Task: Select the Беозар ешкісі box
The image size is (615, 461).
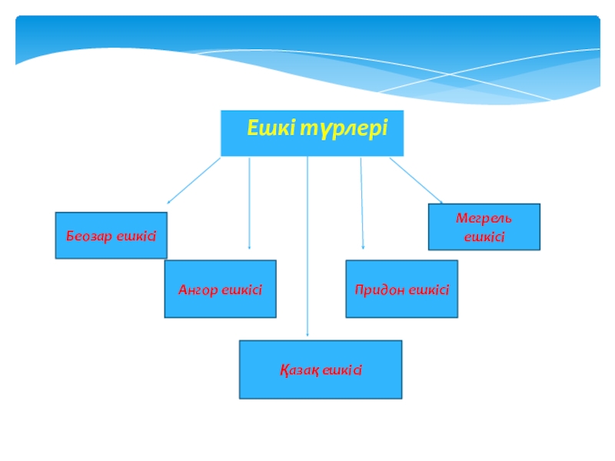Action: (111, 235)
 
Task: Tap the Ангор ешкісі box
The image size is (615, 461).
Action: (220, 289)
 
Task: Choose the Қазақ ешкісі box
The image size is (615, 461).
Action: (320, 370)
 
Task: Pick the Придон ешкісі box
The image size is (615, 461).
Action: (401, 289)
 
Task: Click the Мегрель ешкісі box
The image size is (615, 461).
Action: (484, 227)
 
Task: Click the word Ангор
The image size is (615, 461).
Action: (198, 290)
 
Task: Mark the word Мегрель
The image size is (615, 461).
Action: (484, 218)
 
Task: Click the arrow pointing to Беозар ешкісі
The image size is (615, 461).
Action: (193, 181)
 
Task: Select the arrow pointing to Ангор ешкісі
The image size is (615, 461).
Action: (249, 204)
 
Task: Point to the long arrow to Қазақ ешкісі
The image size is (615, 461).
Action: (307, 246)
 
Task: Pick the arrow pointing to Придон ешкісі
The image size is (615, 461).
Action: (362, 204)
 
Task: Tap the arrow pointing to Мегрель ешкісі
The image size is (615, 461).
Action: (416, 181)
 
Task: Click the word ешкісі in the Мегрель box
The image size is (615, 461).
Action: (484, 237)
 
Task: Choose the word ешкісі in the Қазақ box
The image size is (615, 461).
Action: (342, 370)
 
